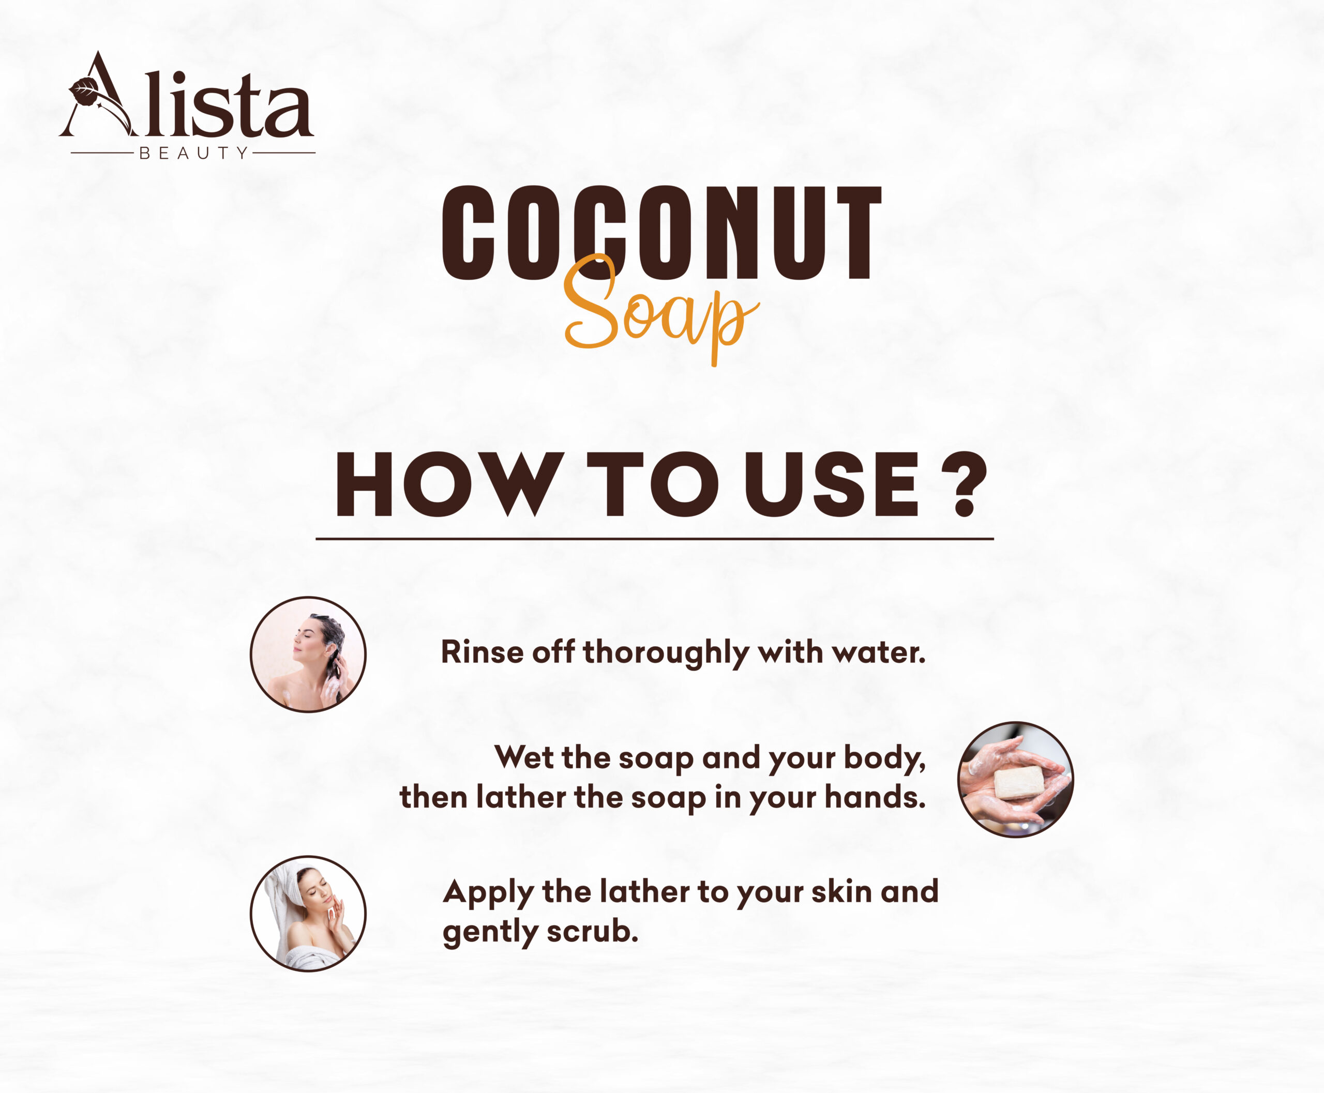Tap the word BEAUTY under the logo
coord(193,153)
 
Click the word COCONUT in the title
coord(661,233)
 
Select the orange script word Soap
coord(661,309)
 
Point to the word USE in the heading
coord(832,485)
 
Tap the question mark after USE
coord(964,485)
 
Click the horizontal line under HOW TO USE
coord(654,539)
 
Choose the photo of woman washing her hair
coord(308,654)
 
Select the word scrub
coord(593,932)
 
